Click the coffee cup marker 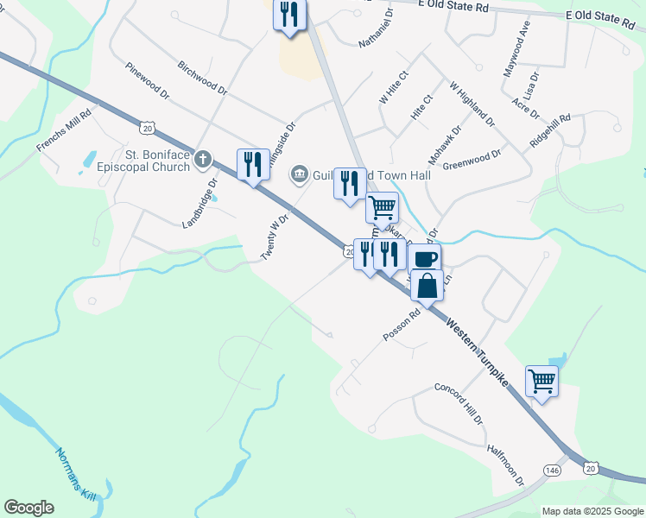point(425,258)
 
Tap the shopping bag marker point(427,285)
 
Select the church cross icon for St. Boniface point(203,158)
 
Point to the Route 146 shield point(553,469)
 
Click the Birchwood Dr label point(201,78)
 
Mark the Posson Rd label point(400,325)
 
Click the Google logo point(28,508)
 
